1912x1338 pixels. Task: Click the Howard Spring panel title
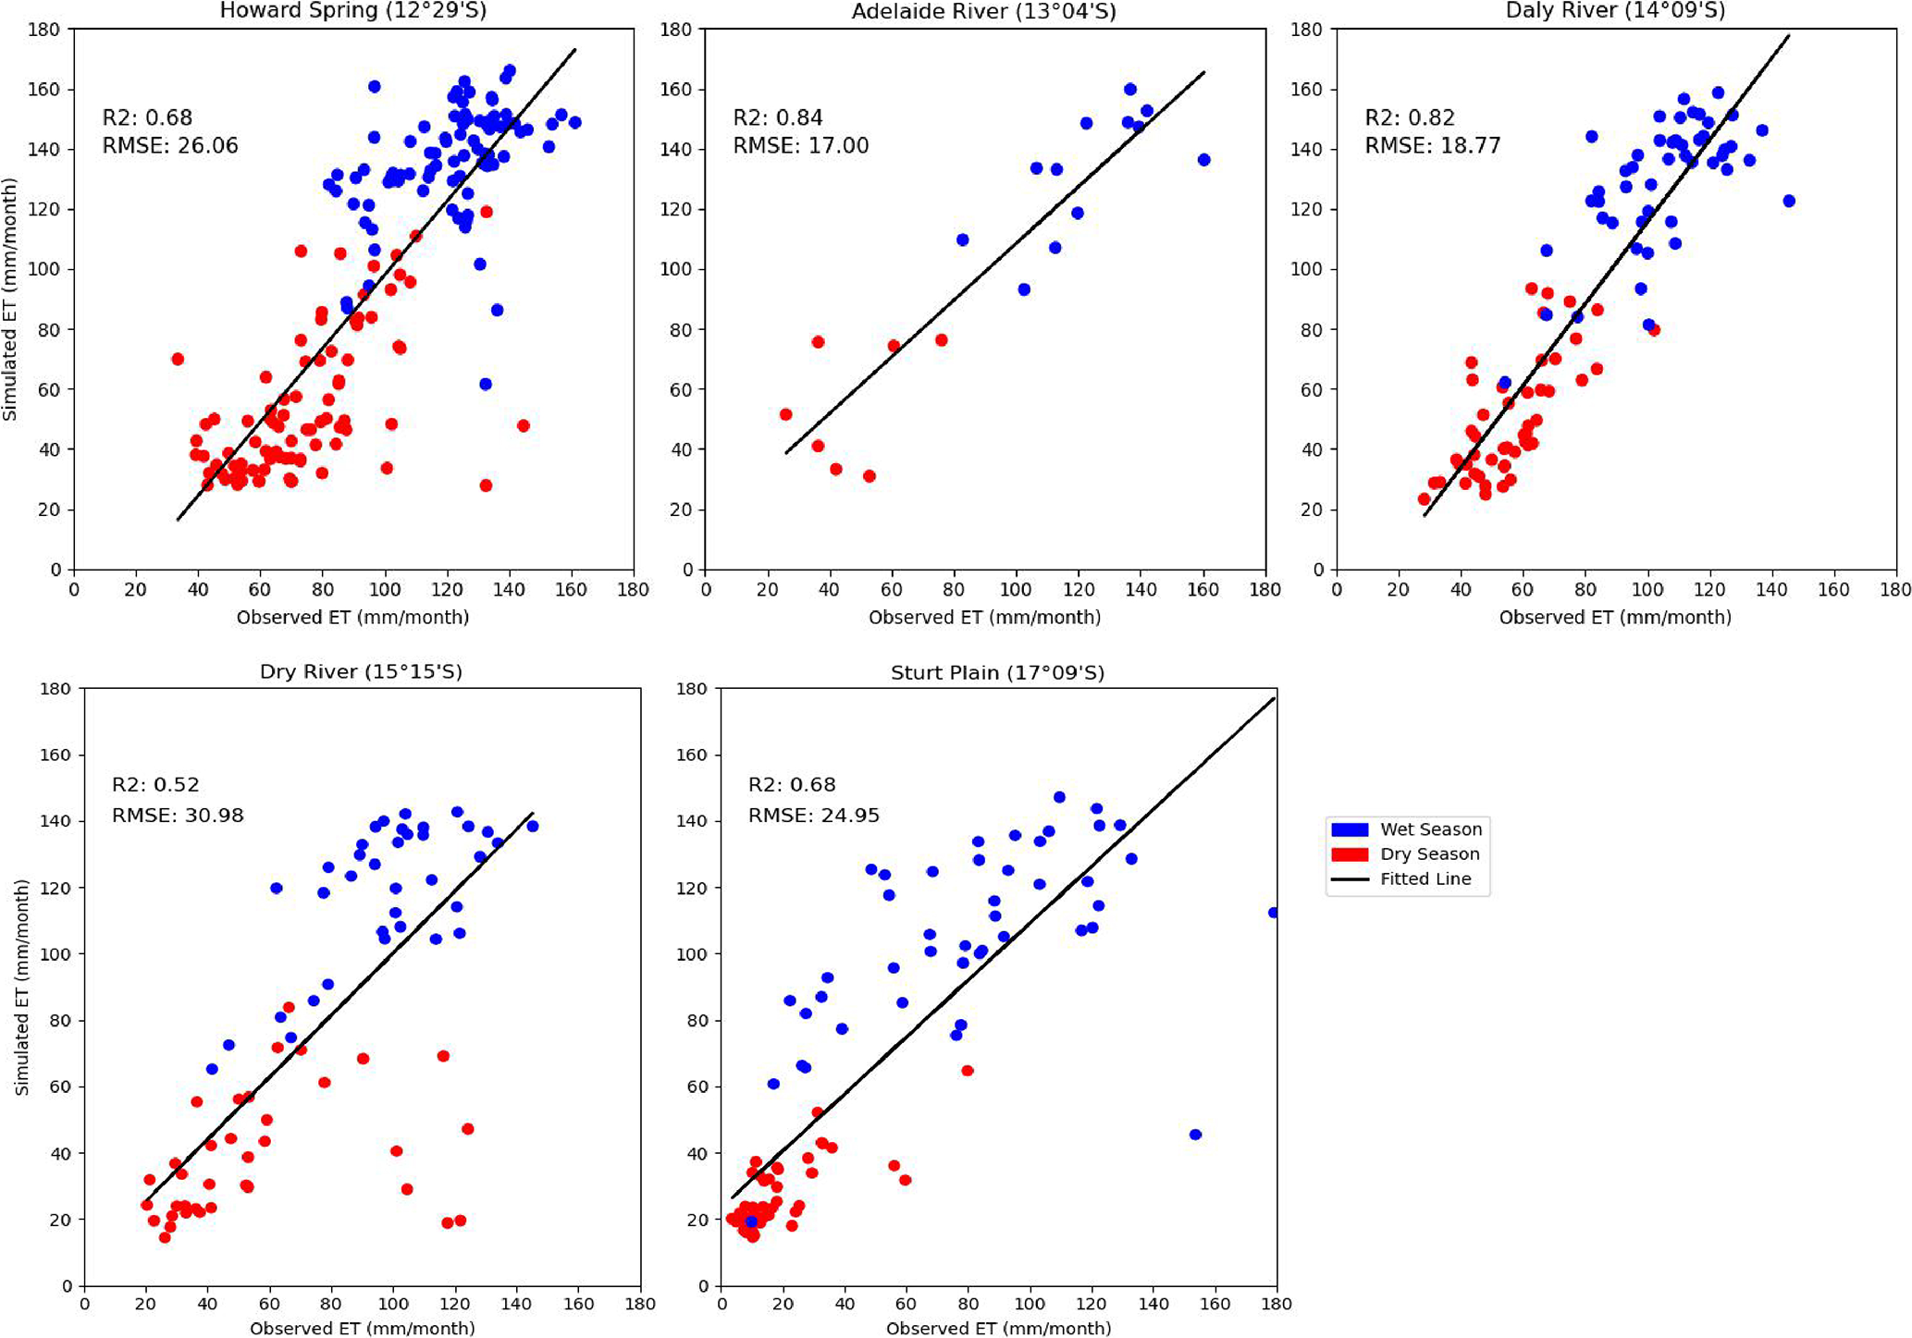point(352,11)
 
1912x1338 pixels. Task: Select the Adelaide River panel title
point(983,11)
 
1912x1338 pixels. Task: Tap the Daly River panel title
point(1615,11)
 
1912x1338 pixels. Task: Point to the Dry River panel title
point(361,671)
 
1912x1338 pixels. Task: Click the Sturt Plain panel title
point(997,672)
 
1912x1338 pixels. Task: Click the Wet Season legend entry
point(1430,829)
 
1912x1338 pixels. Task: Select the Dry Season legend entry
point(1429,854)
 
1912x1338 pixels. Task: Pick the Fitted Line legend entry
point(1425,879)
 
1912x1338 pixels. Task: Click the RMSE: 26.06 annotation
point(170,146)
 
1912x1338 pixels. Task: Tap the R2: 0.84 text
point(777,117)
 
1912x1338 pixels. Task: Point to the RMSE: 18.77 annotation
point(1432,146)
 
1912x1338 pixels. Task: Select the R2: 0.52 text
point(155,785)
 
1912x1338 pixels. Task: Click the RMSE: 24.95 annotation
point(813,816)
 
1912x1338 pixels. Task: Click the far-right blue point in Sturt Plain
point(1274,913)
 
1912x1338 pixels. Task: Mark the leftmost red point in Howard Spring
point(178,359)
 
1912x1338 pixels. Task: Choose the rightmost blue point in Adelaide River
point(1203,160)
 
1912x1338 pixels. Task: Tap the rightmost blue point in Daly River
point(1788,201)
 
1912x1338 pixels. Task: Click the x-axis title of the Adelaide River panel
point(984,618)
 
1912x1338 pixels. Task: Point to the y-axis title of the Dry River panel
point(21,988)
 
